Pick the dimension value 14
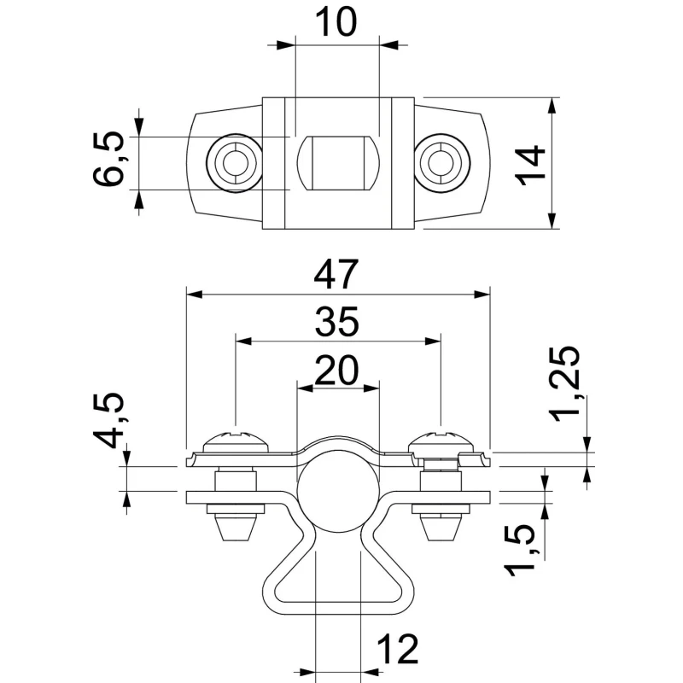coord(531,164)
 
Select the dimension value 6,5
coord(109,160)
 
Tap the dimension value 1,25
coord(565,385)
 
